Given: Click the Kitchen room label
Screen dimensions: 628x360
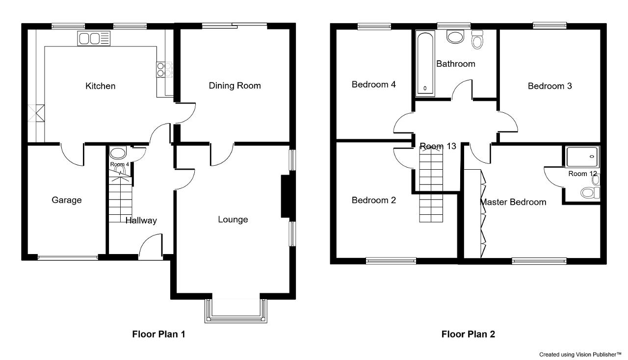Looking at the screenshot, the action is pyautogui.click(x=101, y=86).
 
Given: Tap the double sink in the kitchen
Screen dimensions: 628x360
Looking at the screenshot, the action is pyautogui.click(x=94, y=38).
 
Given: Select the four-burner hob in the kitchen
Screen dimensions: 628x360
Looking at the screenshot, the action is pyautogui.click(x=164, y=70).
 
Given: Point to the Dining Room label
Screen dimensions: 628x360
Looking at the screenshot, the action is pyautogui.click(x=235, y=85).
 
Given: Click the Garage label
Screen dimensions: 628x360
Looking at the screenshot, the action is pyautogui.click(x=67, y=200).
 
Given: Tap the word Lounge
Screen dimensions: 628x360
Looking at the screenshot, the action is pyautogui.click(x=233, y=219).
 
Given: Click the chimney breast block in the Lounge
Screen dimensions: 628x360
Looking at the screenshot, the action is pyautogui.click(x=286, y=196).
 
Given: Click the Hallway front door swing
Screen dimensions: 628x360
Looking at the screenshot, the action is pyautogui.click(x=151, y=246).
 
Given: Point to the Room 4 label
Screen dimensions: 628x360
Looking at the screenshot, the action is pyautogui.click(x=119, y=164).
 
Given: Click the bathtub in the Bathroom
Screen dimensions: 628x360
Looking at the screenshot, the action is pyautogui.click(x=425, y=63).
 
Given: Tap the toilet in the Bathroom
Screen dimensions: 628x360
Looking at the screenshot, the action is pyautogui.click(x=477, y=40).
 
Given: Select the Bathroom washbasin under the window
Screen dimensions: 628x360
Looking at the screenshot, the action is pyautogui.click(x=455, y=37).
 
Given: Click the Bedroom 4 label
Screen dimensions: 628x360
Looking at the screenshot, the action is pyautogui.click(x=374, y=84).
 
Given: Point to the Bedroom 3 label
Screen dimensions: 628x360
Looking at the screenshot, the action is pyautogui.click(x=550, y=86).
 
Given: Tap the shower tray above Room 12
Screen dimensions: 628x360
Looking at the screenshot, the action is pyautogui.click(x=582, y=156).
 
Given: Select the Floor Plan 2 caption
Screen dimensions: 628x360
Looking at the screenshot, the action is pyautogui.click(x=468, y=334).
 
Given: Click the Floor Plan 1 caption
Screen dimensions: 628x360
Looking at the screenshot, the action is pyautogui.click(x=158, y=334).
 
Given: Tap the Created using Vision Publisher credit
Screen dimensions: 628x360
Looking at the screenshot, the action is pyautogui.click(x=582, y=355).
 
